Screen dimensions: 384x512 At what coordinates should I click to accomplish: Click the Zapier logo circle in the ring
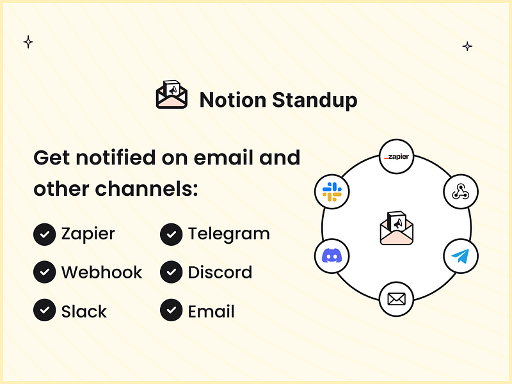(x=397, y=157)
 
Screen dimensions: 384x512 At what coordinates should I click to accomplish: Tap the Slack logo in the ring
(x=332, y=191)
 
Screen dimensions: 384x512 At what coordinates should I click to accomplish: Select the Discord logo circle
(x=332, y=258)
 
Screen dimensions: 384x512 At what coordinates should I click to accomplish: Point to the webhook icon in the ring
(x=461, y=191)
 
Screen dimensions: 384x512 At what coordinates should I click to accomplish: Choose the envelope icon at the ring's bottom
(x=397, y=299)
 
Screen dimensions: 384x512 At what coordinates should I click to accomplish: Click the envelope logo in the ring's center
(x=396, y=228)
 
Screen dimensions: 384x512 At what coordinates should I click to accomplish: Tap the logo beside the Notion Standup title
(x=172, y=95)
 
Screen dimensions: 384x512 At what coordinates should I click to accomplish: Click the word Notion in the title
(x=232, y=100)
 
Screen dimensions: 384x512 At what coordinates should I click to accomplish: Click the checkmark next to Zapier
(x=44, y=234)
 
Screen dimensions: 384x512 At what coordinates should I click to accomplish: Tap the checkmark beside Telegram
(x=171, y=234)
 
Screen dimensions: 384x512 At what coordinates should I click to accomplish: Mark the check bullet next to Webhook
(x=44, y=273)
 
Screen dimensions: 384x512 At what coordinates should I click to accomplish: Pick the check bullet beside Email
(x=171, y=311)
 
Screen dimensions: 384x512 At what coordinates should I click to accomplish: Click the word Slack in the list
(x=84, y=312)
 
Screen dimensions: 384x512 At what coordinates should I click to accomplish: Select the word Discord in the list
(x=220, y=273)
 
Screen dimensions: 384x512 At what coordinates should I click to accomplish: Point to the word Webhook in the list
(x=102, y=273)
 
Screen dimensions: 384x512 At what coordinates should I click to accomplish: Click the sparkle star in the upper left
(x=28, y=42)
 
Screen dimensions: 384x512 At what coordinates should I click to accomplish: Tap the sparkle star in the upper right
(x=468, y=46)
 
